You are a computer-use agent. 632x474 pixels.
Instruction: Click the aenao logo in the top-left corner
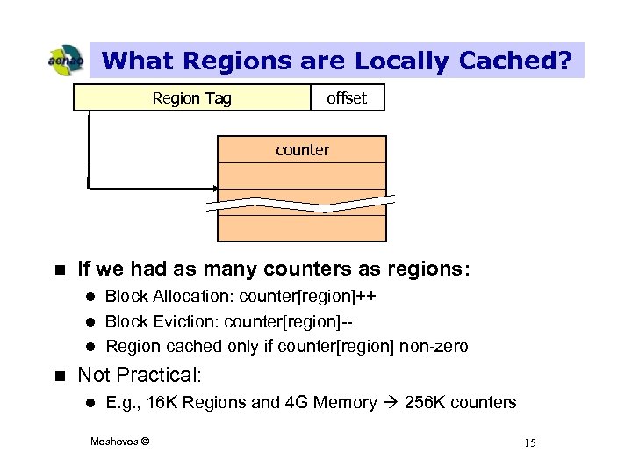pyautogui.click(x=65, y=61)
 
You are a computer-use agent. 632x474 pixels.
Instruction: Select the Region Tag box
pyautogui.click(x=192, y=98)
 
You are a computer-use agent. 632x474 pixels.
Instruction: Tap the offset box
pyautogui.click(x=347, y=98)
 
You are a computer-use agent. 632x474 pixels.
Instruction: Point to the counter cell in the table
pyautogui.click(x=302, y=150)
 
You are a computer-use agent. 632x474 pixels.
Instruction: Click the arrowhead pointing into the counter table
pyautogui.click(x=215, y=188)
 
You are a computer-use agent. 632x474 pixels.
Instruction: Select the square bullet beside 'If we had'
pyautogui.click(x=60, y=269)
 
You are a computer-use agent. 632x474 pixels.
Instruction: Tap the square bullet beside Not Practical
pyautogui.click(x=60, y=376)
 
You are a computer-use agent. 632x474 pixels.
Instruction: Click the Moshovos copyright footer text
pyautogui.click(x=120, y=441)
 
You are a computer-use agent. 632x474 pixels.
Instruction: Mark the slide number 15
pyautogui.click(x=529, y=442)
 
